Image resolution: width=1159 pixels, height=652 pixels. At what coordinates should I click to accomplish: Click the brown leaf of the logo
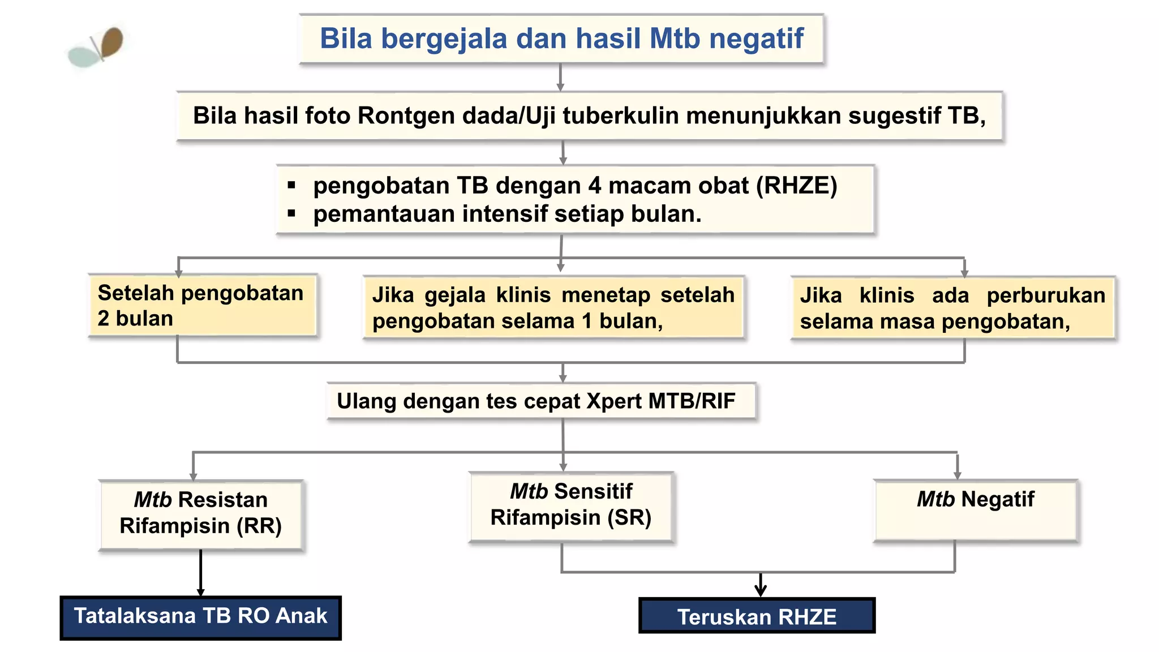(112, 42)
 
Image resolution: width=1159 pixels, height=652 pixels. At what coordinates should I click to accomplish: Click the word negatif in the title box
(756, 39)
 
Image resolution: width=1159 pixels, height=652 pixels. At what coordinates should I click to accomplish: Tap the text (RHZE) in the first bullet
(796, 186)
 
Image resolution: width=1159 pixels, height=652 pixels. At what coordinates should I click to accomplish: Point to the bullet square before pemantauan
(291, 214)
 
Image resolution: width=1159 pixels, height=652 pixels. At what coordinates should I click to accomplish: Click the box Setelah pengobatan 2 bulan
(202, 306)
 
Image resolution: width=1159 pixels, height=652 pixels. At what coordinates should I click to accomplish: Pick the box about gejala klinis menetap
(553, 308)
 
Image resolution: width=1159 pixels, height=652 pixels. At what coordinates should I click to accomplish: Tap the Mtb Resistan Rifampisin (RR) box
(201, 514)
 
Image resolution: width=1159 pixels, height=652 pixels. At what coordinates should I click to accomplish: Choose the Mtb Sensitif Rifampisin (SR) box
(570, 506)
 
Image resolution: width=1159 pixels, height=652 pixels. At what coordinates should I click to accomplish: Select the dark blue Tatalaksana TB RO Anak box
(200, 617)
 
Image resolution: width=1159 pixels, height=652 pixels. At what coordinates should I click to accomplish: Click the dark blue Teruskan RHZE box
(757, 616)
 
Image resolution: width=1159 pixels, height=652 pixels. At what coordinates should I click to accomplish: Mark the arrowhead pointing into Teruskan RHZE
(761, 591)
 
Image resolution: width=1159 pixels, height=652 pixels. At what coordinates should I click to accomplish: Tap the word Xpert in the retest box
(615, 401)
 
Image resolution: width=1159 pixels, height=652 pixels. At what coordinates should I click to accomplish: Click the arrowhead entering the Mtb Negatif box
(957, 475)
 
